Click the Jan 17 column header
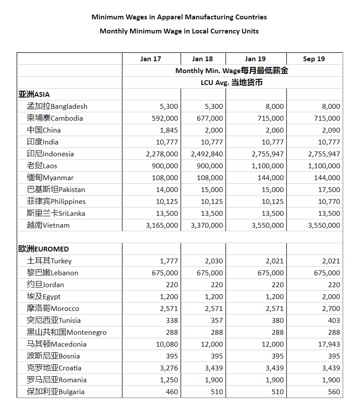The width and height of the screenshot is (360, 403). click(x=151, y=59)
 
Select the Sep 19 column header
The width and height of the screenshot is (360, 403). click(x=314, y=59)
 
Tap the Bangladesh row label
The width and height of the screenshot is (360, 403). click(x=57, y=106)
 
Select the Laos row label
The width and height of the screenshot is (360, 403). click(x=42, y=166)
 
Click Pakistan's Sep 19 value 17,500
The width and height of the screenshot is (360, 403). click(x=329, y=189)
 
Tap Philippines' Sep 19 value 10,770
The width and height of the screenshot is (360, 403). click(x=329, y=201)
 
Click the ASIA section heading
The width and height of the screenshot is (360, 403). click(x=34, y=94)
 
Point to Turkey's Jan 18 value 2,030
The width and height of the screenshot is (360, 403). click(x=214, y=261)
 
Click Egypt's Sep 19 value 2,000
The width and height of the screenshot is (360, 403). click(x=331, y=296)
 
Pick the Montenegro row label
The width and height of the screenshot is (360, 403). click(x=67, y=332)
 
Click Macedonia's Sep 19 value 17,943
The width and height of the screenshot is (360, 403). click(x=329, y=344)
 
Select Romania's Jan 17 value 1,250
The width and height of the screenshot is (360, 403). click(x=169, y=380)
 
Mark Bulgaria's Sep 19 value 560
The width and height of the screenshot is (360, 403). click(x=334, y=392)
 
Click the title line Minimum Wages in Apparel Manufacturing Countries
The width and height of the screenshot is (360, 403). click(x=179, y=17)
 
